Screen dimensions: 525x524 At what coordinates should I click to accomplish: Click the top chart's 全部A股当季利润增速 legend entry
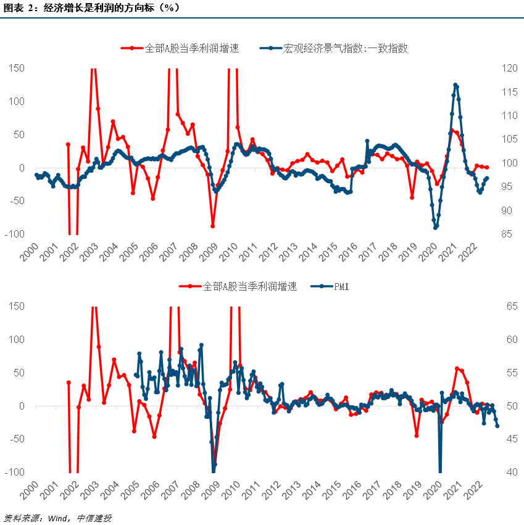point(182,48)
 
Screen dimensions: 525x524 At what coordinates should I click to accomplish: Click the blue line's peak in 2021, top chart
point(455,85)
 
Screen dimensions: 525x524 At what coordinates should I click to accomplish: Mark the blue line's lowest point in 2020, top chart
point(435,228)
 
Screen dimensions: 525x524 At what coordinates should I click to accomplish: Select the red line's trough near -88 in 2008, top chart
point(212,226)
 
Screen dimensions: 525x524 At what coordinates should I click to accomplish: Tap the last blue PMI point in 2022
point(497,425)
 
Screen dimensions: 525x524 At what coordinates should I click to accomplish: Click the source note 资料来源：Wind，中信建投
point(58,517)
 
